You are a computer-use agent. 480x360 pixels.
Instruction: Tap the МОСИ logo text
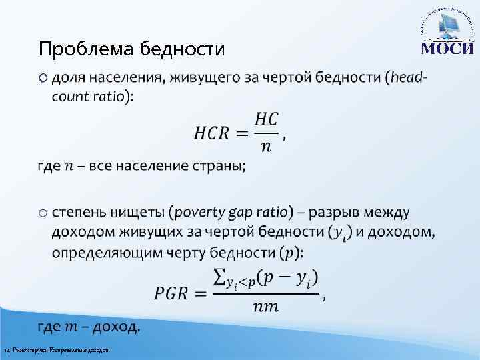[x=446, y=49]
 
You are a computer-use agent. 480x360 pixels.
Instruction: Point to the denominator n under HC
[x=265, y=147]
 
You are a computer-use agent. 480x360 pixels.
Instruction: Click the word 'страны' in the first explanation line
[x=219, y=166]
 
